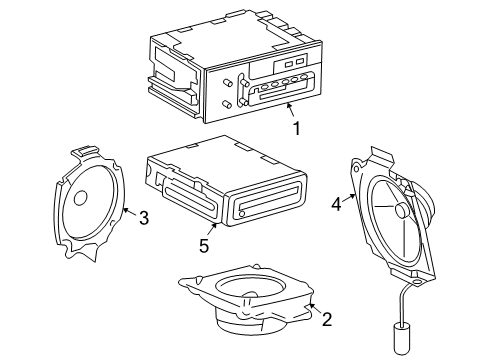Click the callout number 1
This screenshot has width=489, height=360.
pyautogui.click(x=297, y=128)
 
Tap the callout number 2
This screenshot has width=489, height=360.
pyautogui.click(x=327, y=319)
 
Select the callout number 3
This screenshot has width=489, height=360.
pyautogui.click(x=144, y=218)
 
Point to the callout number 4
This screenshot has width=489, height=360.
pyautogui.click(x=337, y=204)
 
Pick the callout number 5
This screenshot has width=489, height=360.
pyautogui.click(x=204, y=246)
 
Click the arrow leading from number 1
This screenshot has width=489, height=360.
pyautogui.click(x=291, y=110)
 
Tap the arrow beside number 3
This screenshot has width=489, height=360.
pyautogui.click(x=130, y=212)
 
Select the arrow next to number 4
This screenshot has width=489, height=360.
pyautogui.click(x=350, y=198)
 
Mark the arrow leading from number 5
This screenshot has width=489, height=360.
pyautogui.click(x=212, y=229)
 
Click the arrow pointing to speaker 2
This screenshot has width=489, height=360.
pyautogui.click(x=315, y=308)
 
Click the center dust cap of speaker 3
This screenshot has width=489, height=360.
pyautogui.click(x=80, y=198)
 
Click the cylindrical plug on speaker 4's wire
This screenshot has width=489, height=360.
pyautogui.click(x=400, y=340)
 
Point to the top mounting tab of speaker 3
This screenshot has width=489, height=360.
pyautogui.click(x=85, y=151)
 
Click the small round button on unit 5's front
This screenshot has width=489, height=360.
pyautogui.click(x=242, y=213)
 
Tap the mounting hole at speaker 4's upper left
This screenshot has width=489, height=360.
pyautogui.click(x=356, y=169)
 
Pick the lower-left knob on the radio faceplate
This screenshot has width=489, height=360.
pyautogui.click(x=227, y=104)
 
